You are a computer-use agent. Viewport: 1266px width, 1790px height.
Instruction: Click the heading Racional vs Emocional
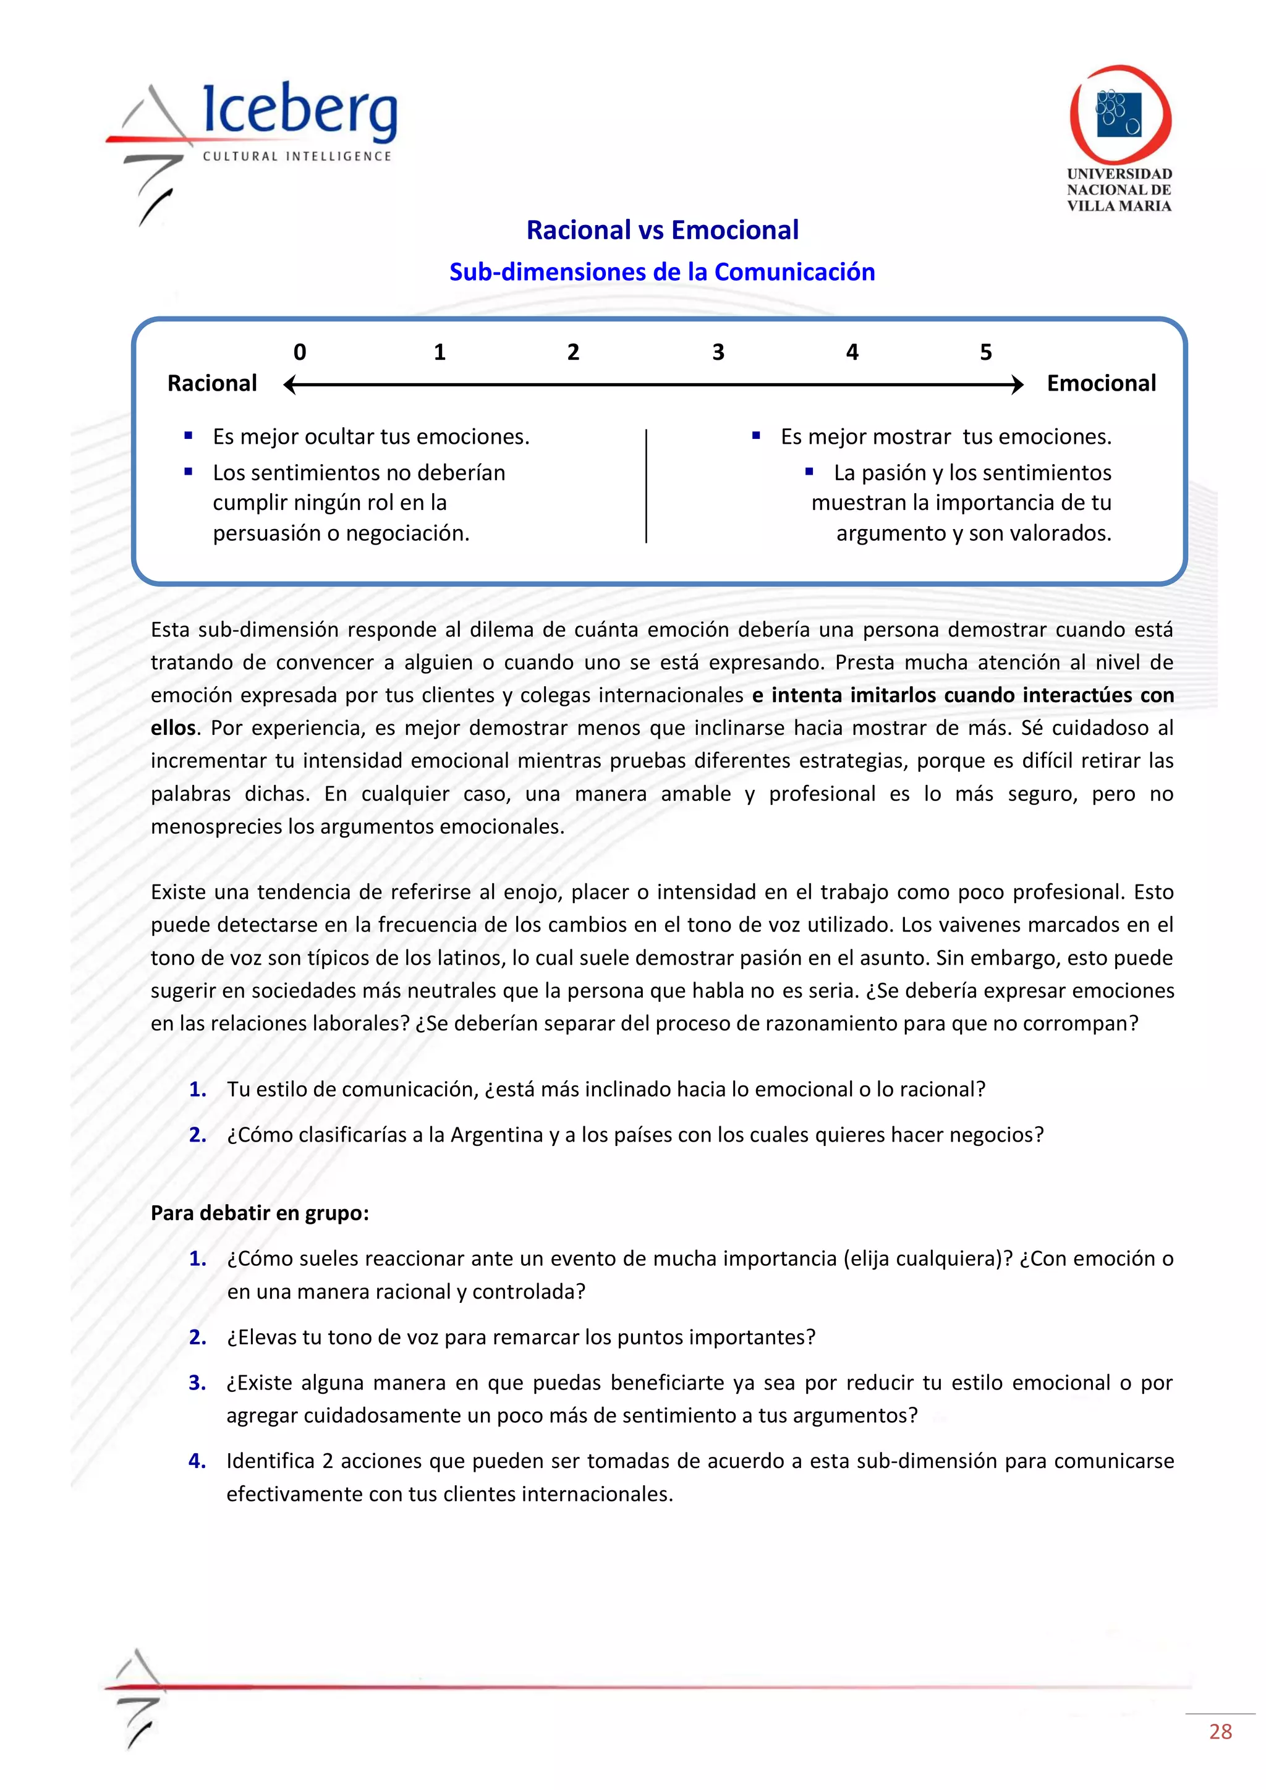662,230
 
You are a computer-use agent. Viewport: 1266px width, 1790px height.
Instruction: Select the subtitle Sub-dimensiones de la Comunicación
662,272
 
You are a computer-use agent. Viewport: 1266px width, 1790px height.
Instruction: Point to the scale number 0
299,352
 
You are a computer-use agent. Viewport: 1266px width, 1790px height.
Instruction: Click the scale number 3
718,352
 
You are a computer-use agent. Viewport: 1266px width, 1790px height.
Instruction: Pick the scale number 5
985,352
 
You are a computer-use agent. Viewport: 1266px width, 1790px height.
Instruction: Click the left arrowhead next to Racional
290,384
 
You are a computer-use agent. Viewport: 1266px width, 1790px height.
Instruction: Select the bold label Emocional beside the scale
1101,384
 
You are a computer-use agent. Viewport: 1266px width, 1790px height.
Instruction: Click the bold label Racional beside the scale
212,384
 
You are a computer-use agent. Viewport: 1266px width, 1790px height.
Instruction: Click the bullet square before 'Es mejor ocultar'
189,436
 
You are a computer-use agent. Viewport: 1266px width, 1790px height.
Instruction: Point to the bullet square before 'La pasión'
809,472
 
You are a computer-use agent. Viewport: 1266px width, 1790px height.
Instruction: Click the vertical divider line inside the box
646,485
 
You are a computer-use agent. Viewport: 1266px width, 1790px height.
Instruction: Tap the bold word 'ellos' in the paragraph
173,728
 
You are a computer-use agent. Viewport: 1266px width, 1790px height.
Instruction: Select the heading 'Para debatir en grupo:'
260,1213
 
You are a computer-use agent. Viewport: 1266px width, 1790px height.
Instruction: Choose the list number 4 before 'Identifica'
197,1461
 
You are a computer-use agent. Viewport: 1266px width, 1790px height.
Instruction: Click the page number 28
1220,1731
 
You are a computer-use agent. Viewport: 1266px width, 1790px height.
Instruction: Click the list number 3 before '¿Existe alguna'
197,1383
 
